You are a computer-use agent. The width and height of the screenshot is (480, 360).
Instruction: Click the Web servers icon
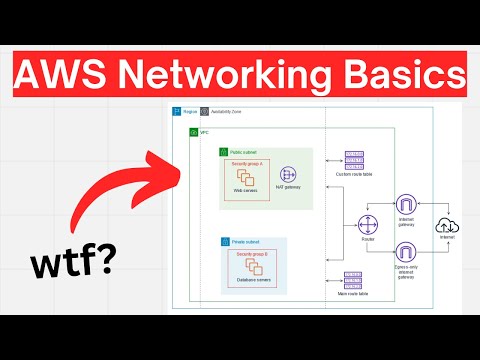pyautogui.click(x=244, y=179)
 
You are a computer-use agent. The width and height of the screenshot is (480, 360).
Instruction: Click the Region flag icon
pyautogui.click(x=176, y=111)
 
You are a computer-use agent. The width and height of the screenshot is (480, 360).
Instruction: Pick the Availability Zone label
pyautogui.click(x=226, y=111)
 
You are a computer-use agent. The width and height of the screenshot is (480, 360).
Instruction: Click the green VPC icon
pyautogui.click(x=192, y=132)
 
